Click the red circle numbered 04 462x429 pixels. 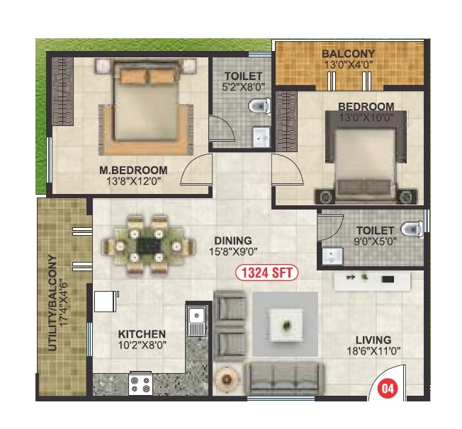[386, 388]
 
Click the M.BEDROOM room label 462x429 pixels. [133, 170]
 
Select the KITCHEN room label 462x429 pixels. [142, 334]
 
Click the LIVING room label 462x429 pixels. [374, 340]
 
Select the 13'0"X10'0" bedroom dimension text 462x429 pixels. [366, 118]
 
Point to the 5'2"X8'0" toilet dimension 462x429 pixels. [243, 88]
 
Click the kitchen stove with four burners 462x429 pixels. [140, 384]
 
